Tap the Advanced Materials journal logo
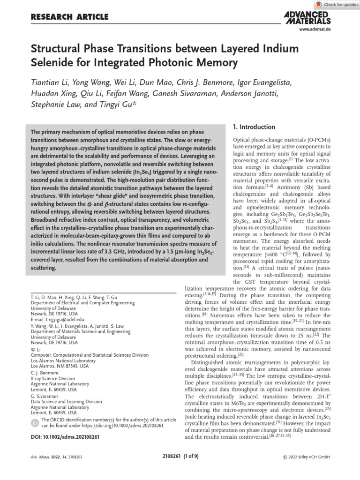[307, 18]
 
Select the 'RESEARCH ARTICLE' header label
[69, 17]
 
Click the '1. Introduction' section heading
[254, 127]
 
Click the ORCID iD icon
[35, 423]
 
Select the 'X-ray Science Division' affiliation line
[52, 378]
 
